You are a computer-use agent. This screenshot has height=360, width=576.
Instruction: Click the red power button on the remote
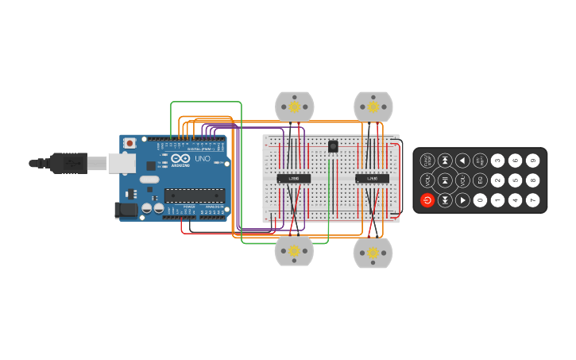coord(427,200)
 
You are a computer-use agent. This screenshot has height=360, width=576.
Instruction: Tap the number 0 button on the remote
coord(480,200)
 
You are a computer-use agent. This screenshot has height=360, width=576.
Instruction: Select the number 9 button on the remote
coord(532,161)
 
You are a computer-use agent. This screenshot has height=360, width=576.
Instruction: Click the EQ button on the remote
coord(480,180)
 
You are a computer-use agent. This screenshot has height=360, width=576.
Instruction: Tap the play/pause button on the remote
coord(445,180)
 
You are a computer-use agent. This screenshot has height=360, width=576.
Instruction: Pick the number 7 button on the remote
coord(532,200)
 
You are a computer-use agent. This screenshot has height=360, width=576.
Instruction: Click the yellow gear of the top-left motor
coord(294,106)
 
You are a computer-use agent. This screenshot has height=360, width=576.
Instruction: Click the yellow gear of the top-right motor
coord(373,106)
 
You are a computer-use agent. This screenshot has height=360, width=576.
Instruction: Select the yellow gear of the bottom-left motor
coord(294,251)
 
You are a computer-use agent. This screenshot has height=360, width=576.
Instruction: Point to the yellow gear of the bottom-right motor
coord(373,253)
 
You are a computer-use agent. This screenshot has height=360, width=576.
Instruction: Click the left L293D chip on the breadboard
coord(293,179)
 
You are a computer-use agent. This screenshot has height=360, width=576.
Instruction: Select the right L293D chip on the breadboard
coord(372,179)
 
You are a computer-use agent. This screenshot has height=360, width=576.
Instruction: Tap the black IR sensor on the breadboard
coord(333,145)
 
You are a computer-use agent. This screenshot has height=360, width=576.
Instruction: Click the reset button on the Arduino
coord(130,144)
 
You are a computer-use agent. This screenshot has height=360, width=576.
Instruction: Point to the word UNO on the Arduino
coord(203,159)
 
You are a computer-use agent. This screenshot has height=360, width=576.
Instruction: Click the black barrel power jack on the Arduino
coord(125,210)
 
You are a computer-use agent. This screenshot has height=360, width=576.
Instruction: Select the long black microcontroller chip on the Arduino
coord(194,195)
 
